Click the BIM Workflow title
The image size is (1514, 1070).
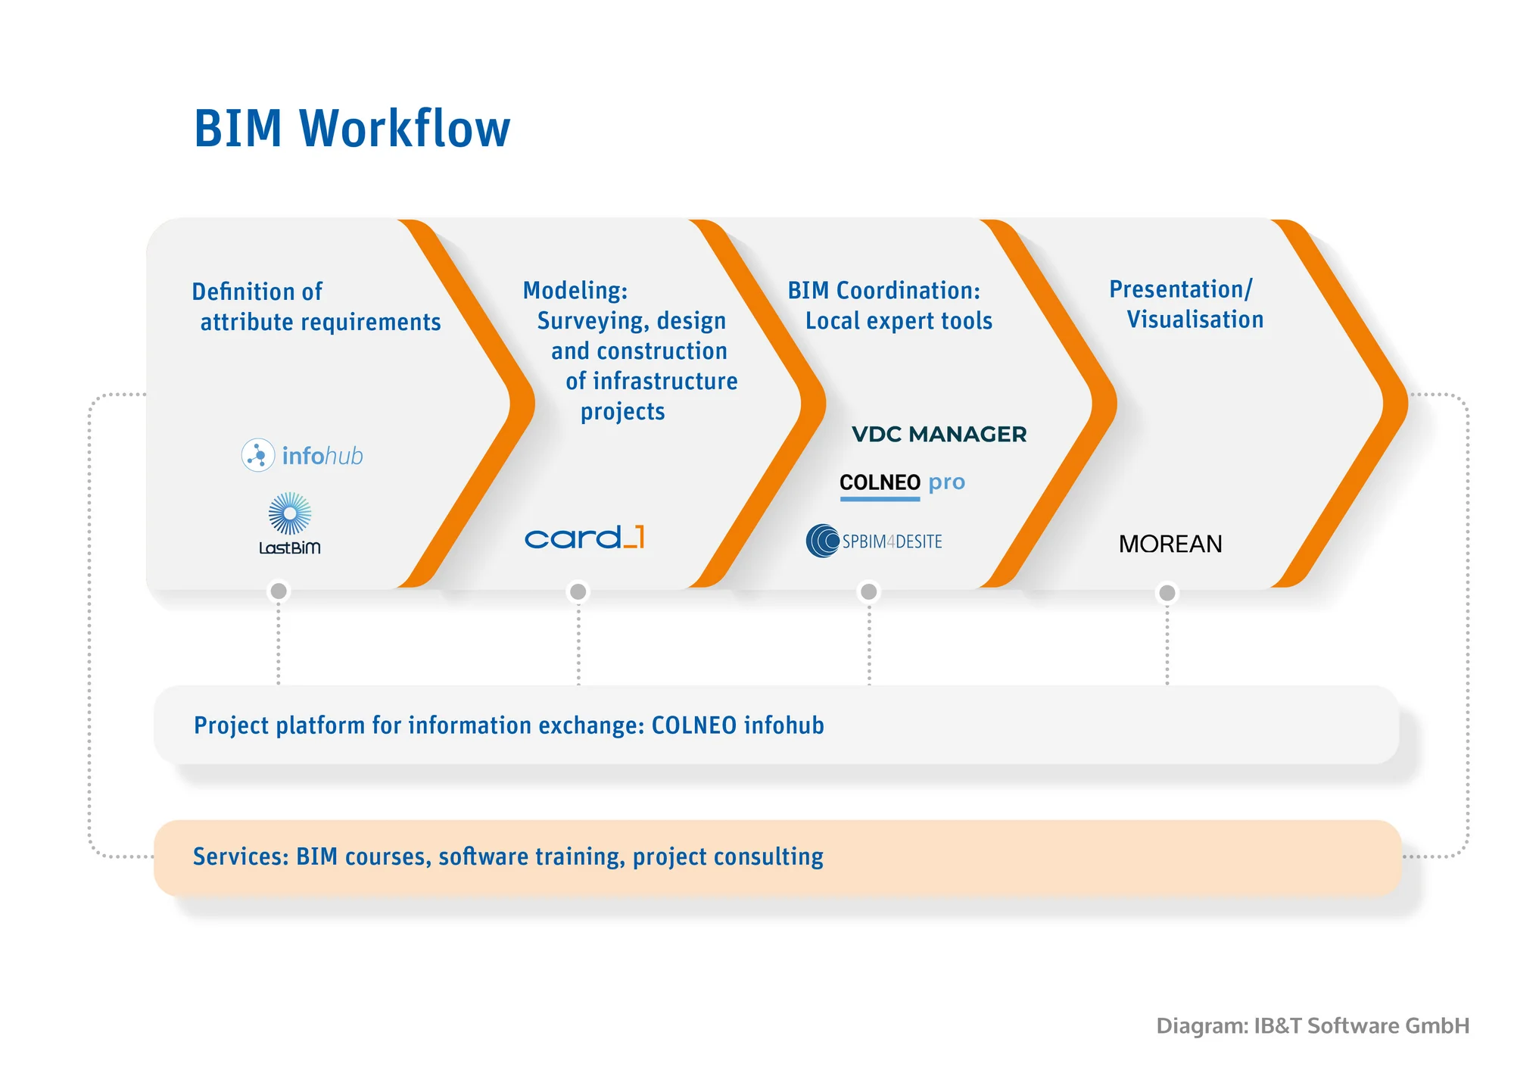point(352,129)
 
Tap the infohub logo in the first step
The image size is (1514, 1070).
point(303,455)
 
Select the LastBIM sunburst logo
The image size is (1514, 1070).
point(290,523)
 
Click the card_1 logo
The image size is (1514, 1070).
point(584,537)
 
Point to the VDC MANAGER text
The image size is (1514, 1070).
point(939,434)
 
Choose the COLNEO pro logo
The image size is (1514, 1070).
point(902,482)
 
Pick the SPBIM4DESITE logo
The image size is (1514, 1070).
point(874,541)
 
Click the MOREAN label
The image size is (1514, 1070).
point(1170,544)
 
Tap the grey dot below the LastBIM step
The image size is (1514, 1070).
point(279,591)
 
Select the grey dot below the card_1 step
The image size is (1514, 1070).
point(578,591)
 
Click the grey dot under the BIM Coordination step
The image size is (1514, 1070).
point(869,591)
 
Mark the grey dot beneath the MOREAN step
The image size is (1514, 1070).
point(1167,592)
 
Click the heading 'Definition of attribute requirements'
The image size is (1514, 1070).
point(316,307)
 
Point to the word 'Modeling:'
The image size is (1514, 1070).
point(575,290)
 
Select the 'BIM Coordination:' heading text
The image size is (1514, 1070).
point(884,290)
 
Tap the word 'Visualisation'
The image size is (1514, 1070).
point(1195,320)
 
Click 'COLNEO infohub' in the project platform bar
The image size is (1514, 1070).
point(738,725)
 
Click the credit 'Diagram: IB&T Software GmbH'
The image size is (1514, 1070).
point(1313,1025)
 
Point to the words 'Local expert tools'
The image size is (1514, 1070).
point(899,321)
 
